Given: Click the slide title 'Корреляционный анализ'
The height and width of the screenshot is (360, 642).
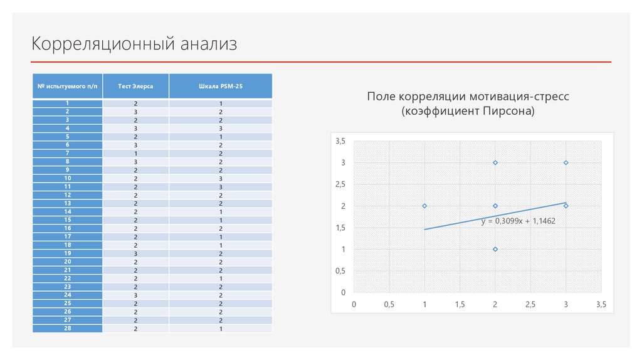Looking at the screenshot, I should coord(135,44).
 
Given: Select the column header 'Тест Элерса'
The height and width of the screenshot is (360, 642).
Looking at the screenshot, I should coord(135,86).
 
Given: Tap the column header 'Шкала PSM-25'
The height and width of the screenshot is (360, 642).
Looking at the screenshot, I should coord(221,86).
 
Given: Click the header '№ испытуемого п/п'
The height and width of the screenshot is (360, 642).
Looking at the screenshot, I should coord(68,86).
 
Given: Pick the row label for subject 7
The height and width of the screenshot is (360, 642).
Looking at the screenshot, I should coord(68,153).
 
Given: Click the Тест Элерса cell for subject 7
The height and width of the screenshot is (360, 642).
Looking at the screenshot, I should coord(135,153).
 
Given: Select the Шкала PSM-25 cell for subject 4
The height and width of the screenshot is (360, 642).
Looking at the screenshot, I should coord(221,128).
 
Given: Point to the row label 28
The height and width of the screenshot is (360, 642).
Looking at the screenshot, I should coord(68,329).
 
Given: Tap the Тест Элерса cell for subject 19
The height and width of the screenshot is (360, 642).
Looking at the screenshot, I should coord(135,253).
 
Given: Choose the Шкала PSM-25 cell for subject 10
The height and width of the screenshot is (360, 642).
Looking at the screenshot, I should coord(221,178).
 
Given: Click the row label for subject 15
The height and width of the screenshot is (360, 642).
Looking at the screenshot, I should coord(68,220).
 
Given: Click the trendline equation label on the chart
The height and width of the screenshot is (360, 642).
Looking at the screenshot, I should coord(518,221).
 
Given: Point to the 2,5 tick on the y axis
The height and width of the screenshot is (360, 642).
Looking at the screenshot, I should coord(340,184).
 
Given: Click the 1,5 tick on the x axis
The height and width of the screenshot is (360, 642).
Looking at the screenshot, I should coord(460,304).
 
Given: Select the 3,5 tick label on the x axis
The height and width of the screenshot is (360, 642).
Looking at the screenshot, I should coord(601,304).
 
